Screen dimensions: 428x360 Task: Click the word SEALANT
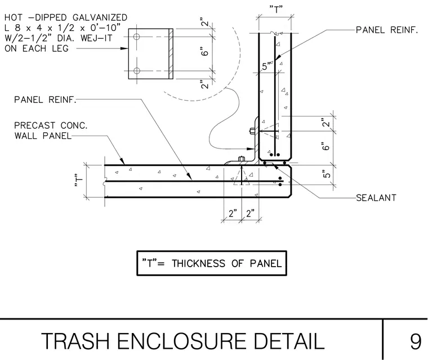376,198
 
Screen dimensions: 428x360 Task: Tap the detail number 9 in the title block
416,341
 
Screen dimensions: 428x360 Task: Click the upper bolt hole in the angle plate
137,37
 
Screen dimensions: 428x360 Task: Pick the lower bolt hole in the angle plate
137,71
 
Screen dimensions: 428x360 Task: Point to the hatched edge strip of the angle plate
171,54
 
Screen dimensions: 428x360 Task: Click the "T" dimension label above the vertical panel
276,10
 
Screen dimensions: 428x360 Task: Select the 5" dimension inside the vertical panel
266,66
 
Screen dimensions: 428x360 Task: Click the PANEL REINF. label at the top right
387,30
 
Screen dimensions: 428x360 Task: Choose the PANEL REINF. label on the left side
45,100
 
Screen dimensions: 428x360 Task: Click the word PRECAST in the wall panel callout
35,125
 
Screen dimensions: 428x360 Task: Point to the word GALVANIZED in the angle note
100,17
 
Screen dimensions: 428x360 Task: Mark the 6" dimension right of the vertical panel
326,146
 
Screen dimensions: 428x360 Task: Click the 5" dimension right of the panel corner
327,174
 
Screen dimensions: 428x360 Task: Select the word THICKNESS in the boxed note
198,263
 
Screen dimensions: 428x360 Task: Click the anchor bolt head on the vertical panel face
252,131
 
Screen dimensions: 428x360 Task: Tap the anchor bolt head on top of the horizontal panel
242,159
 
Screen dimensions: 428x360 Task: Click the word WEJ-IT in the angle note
96,38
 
